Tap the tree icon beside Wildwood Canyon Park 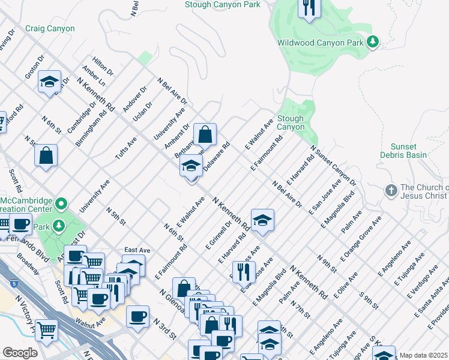(373, 41)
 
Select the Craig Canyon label (50, 29)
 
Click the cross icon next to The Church (391, 190)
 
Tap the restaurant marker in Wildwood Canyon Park (309, 7)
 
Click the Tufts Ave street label (127, 148)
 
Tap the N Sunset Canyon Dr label (333, 166)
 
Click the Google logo (20, 353)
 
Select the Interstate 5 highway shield (5, 280)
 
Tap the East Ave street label (137, 250)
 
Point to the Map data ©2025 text (423, 355)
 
